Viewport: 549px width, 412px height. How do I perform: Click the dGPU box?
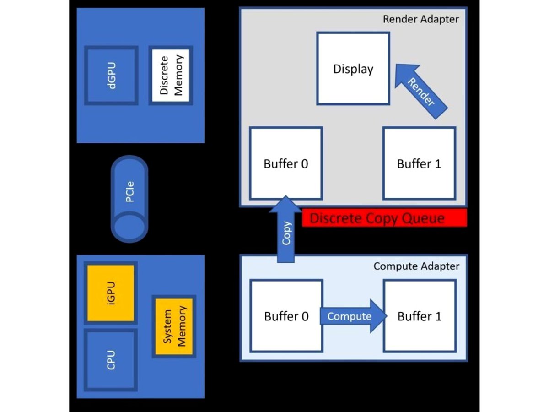click(x=111, y=75)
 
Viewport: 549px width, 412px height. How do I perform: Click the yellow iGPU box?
click(x=111, y=293)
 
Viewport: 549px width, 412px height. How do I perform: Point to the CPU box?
click(x=111, y=360)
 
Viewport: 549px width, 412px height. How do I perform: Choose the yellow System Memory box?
click(x=174, y=327)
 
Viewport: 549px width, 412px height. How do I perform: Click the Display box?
click(x=353, y=69)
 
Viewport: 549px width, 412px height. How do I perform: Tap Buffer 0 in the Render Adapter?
click(x=286, y=163)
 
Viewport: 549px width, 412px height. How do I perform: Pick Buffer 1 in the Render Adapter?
click(x=419, y=163)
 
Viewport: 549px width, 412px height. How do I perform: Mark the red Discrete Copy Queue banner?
click(x=384, y=218)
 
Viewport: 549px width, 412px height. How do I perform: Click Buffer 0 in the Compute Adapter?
click(x=286, y=316)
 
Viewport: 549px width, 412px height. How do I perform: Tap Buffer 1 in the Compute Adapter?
click(x=420, y=316)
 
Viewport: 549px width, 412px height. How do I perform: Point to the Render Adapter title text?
click(x=420, y=19)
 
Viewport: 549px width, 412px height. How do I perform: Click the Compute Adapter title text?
click(x=416, y=266)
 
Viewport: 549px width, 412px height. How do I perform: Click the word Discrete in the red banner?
click(x=335, y=218)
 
